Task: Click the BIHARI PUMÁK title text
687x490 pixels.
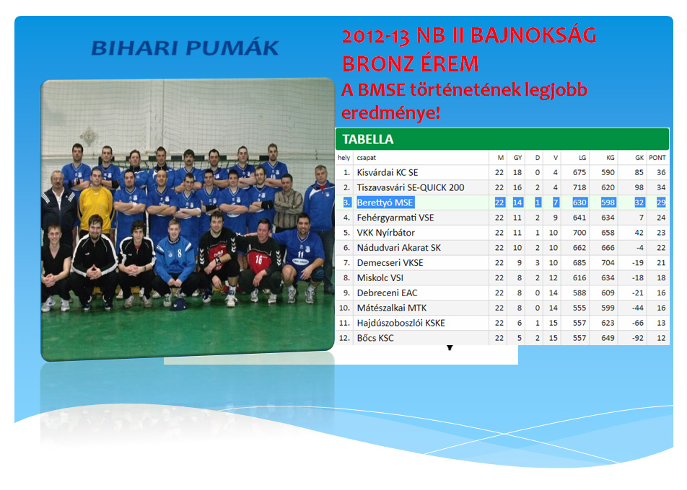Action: coord(185,48)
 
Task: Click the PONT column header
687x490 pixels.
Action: coord(657,157)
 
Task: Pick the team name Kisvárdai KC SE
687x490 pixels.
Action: coord(387,173)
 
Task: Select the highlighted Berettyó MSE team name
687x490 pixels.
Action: coord(385,202)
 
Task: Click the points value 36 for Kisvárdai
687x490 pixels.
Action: coord(660,173)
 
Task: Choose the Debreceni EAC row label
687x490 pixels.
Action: coord(387,293)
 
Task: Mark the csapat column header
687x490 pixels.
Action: coord(366,157)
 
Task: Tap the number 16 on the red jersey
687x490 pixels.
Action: coord(258,258)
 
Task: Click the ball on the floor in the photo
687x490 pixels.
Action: coord(178,304)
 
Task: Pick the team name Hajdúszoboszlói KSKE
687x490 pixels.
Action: coord(398,323)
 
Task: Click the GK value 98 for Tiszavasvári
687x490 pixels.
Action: coord(638,187)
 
